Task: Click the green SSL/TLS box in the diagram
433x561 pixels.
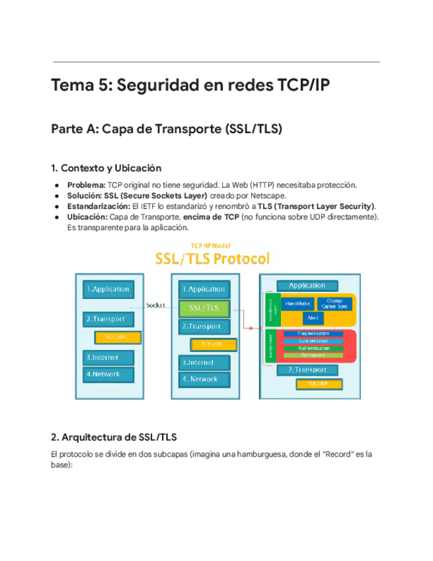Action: [204, 308]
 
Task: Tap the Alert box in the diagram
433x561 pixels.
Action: [313, 318]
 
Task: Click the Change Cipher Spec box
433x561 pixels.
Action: [335, 304]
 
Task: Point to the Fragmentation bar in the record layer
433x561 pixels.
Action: [313, 333]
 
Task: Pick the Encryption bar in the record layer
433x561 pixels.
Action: [313, 355]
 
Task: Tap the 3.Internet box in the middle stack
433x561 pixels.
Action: [204, 363]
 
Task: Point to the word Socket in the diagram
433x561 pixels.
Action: [155, 305]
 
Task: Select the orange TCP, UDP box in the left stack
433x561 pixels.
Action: [113, 337]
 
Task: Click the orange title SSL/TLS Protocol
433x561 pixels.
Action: [212, 258]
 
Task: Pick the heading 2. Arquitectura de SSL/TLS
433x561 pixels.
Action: [114, 437]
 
